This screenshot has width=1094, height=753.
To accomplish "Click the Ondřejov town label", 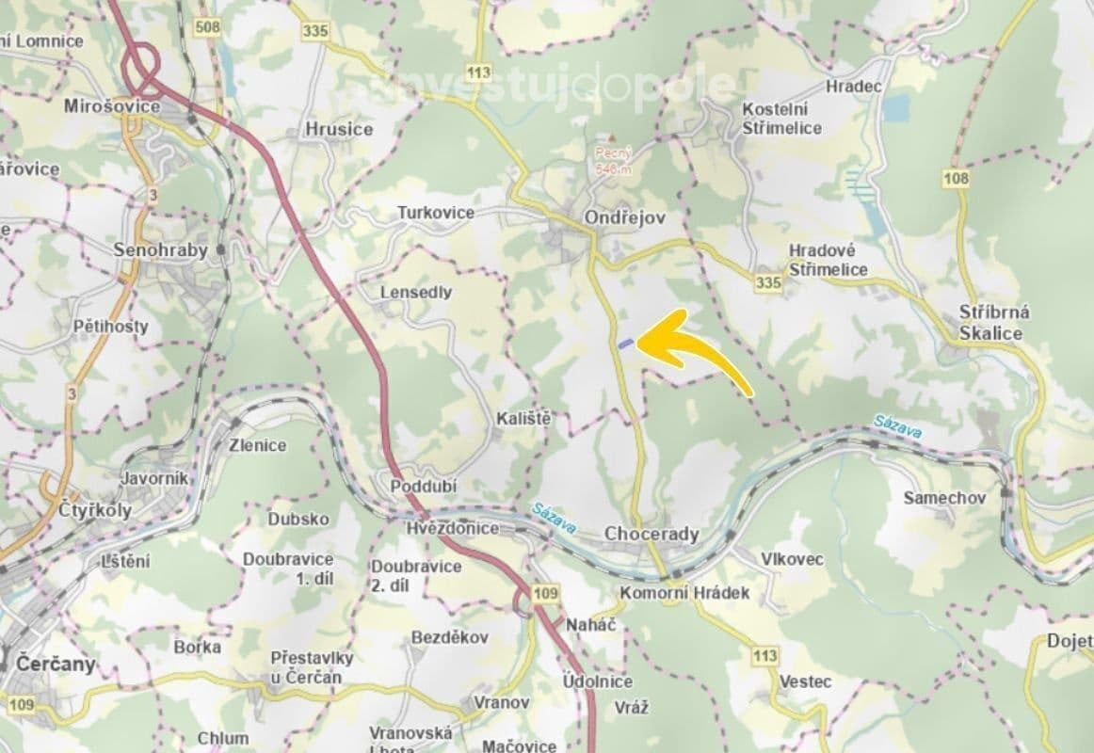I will (x=624, y=217).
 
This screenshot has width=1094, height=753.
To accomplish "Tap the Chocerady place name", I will (x=652, y=535).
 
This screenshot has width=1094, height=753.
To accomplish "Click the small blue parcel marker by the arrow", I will (x=626, y=344).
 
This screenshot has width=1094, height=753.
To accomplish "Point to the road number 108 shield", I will (x=958, y=178).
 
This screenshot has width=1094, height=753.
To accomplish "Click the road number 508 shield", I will (x=207, y=27).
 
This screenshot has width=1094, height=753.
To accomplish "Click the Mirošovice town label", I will (x=112, y=106).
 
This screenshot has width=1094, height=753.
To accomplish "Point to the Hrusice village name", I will (x=339, y=129).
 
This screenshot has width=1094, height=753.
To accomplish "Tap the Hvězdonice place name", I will (x=453, y=528).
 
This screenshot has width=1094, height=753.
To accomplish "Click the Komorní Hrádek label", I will (x=684, y=593).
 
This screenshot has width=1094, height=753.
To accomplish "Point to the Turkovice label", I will (x=435, y=213).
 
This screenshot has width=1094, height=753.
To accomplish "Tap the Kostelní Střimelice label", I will (x=781, y=119).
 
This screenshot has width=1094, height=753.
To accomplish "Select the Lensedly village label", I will (x=415, y=293).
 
